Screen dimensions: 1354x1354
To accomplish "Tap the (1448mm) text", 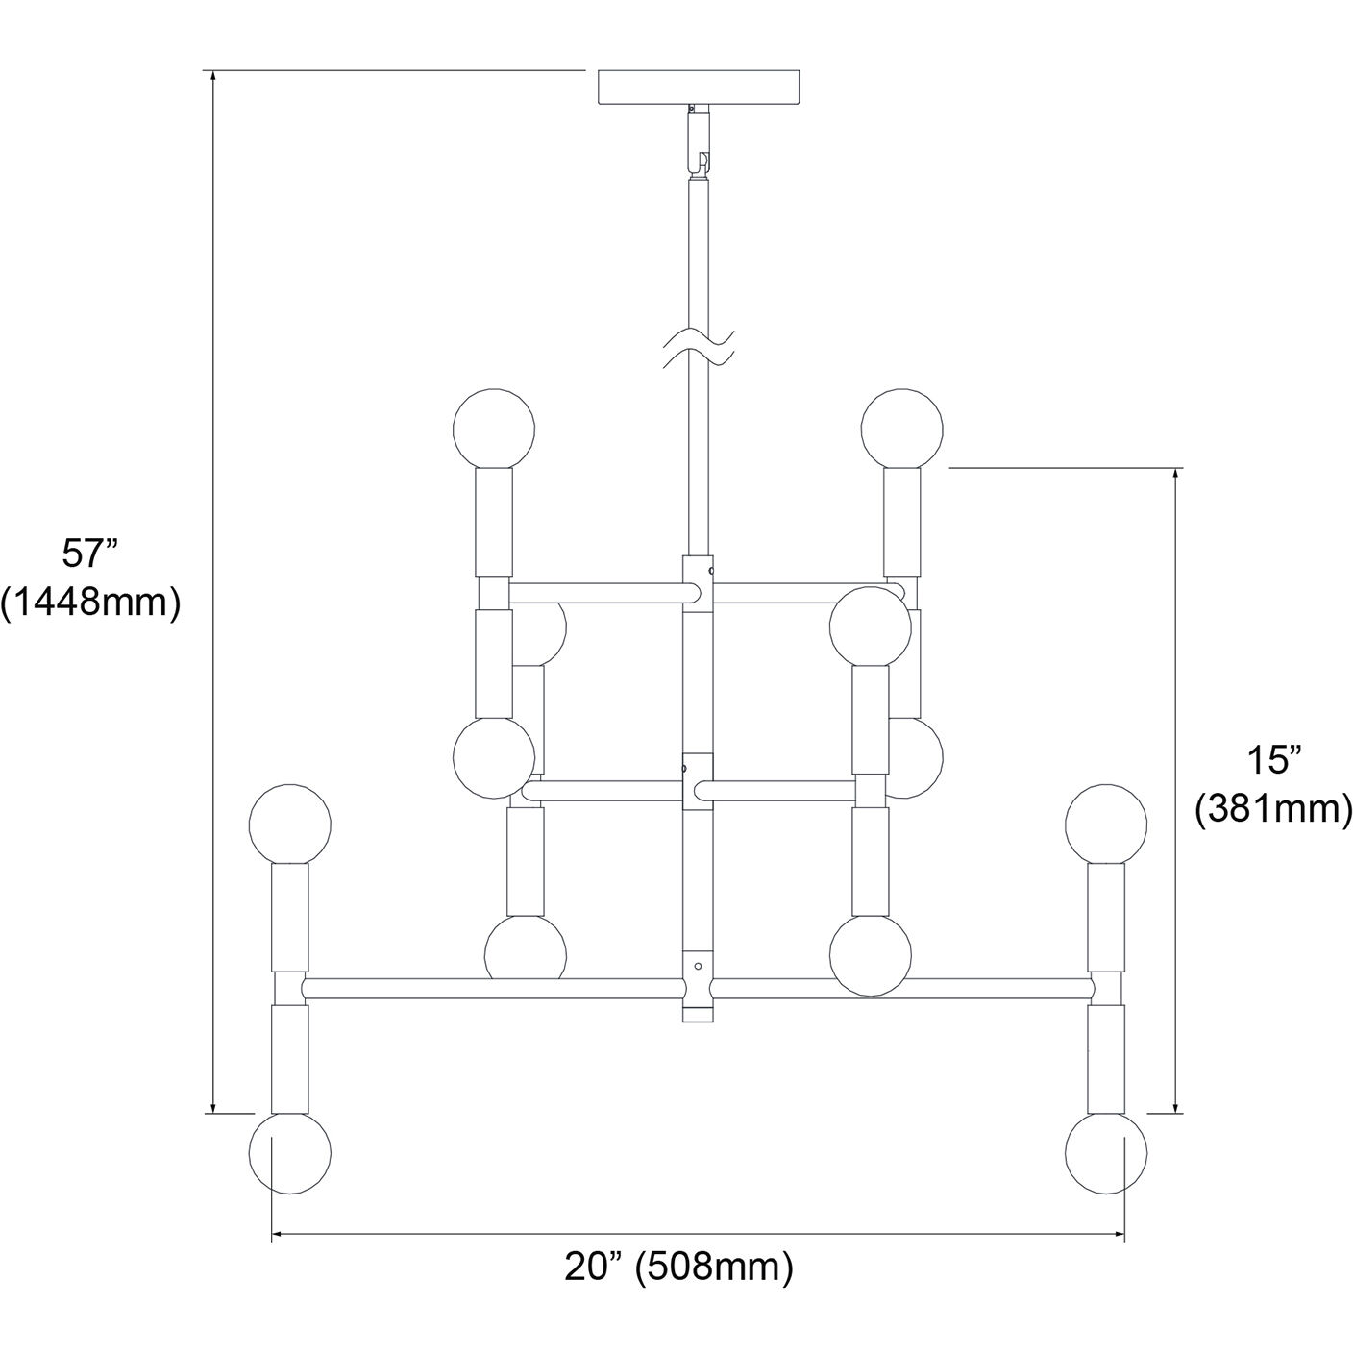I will point(90,603).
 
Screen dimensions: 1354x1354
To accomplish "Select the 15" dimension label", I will point(1272,760).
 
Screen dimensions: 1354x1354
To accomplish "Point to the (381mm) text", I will point(1272,809).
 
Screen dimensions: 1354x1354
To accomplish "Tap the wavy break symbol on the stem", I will point(701,348).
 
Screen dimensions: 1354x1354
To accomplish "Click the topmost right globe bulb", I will point(901,428).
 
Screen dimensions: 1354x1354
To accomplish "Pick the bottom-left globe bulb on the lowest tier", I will point(289,1153).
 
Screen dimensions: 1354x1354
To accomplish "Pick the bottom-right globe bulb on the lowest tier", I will point(1107,1153).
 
